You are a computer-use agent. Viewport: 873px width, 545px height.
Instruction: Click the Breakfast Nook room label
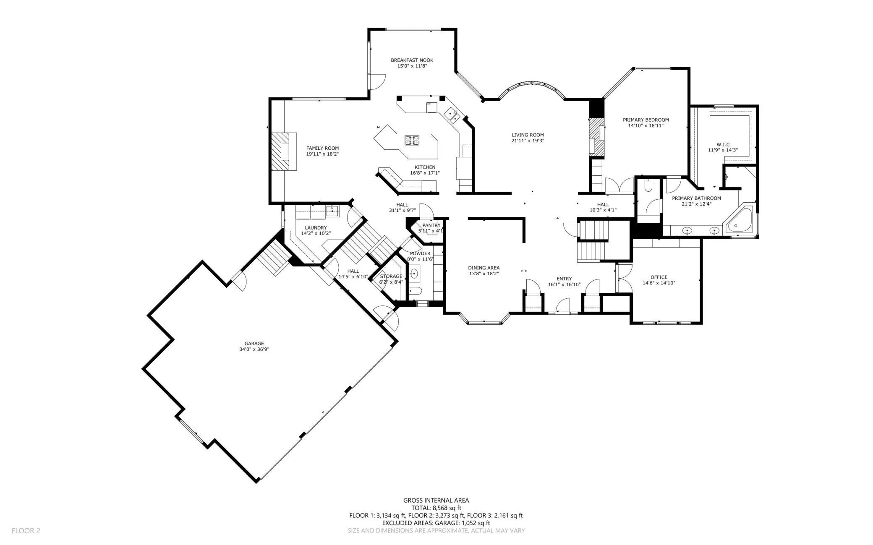point(412,60)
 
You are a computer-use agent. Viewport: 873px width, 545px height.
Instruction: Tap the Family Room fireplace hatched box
point(284,151)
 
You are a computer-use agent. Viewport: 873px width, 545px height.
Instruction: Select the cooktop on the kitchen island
point(412,140)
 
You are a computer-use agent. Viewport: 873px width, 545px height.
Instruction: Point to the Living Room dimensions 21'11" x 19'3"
point(528,141)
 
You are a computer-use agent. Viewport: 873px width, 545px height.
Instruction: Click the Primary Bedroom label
point(646,120)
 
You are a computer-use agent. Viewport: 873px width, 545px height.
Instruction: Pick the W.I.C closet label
point(723,144)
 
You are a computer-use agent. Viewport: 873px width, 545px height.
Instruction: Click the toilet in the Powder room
point(416,290)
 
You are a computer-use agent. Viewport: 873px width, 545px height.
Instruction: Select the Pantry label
point(431,225)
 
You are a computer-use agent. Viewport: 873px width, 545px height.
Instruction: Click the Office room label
point(659,277)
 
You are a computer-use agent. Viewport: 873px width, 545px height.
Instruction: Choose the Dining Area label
point(484,268)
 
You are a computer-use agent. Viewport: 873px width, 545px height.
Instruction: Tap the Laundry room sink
point(332,211)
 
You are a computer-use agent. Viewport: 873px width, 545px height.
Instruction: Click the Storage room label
point(391,276)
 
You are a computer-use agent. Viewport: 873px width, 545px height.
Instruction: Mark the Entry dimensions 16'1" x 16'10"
point(564,284)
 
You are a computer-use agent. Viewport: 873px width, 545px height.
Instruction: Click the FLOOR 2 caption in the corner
point(26,531)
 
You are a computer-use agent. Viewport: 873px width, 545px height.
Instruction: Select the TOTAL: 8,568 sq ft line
point(436,508)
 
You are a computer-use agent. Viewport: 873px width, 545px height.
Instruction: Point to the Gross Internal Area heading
point(436,500)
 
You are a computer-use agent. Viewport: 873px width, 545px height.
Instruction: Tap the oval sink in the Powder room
point(415,274)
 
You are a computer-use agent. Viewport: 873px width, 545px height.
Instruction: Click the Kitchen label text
point(425,167)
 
